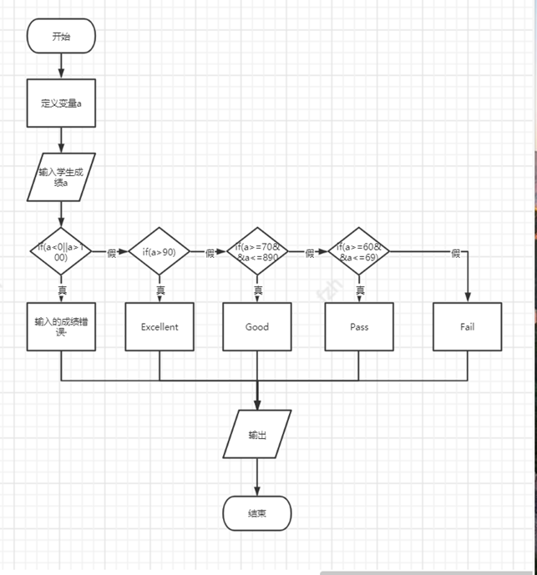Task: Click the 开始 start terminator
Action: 61,36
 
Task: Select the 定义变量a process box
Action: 61,103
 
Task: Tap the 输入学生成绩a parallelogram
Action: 61,176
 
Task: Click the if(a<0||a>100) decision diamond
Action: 61,251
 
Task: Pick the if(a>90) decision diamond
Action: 160,251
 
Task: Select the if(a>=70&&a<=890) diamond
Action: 257,251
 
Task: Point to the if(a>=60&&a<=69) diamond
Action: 359,251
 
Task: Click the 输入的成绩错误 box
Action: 61,326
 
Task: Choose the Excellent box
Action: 160,326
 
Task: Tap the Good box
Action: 257,326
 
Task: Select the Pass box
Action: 359,326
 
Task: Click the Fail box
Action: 467,326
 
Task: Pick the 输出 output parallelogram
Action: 257,434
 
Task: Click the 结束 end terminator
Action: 257,513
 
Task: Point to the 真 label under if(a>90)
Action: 160,290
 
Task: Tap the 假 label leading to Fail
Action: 455,253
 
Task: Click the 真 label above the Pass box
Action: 360,290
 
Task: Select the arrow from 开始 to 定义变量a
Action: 61,65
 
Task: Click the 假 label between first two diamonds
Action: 111,253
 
